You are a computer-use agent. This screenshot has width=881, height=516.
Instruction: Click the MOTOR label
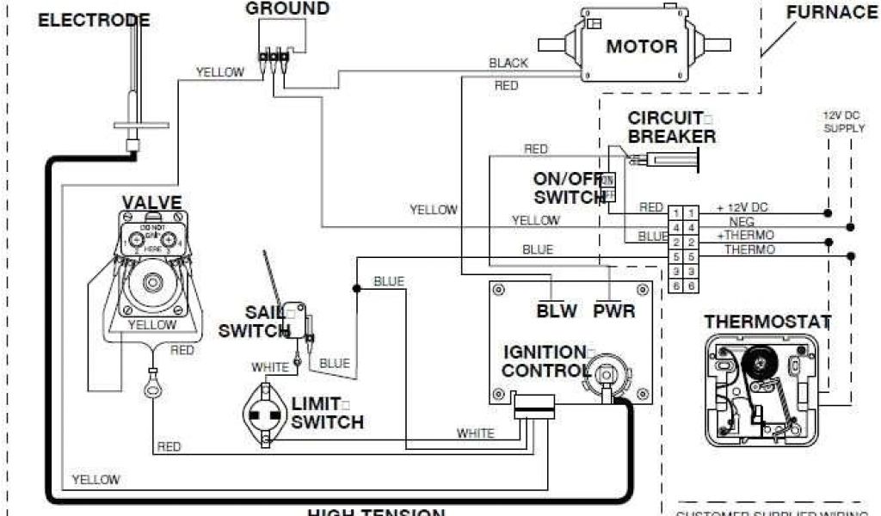click(x=641, y=46)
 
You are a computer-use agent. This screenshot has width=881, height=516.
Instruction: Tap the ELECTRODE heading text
click(x=94, y=20)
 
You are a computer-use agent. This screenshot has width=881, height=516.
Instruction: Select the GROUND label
click(x=287, y=9)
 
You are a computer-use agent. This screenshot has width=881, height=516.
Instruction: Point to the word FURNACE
click(x=831, y=12)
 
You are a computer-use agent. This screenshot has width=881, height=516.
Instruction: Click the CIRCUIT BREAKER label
click(x=672, y=127)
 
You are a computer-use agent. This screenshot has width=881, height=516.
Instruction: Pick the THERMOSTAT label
click(x=767, y=322)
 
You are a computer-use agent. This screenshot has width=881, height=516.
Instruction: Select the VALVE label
click(x=151, y=203)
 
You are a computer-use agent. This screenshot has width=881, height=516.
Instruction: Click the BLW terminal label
click(x=557, y=310)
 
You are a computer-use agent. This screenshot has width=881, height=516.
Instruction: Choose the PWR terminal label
click(x=614, y=310)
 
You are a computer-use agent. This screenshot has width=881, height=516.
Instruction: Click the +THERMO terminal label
click(x=745, y=235)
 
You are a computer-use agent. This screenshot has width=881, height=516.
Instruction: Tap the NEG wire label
click(x=742, y=222)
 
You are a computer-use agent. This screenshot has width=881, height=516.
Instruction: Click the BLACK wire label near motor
click(x=508, y=63)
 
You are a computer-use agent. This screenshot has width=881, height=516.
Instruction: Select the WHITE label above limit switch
click(x=270, y=367)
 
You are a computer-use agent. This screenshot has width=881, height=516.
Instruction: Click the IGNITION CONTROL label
click(x=545, y=361)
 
